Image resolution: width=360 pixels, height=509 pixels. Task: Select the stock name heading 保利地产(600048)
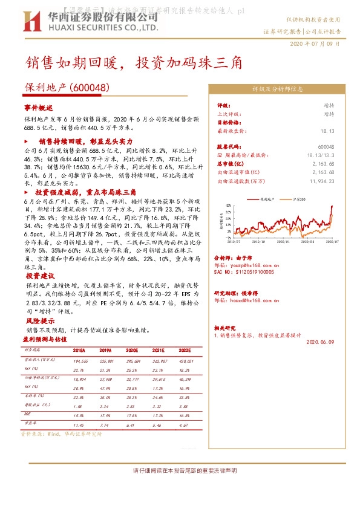pyautogui.click(x=67, y=88)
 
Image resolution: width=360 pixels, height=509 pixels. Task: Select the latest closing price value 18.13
pyautogui.click(x=327, y=130)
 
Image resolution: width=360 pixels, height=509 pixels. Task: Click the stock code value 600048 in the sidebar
pyautogui.click(x=326, y=147)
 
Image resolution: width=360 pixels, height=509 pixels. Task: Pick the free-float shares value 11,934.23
pyautogui.click(x=321, y=181)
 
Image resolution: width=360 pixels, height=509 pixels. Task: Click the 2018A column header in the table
pyautogui.click(x=79, y=350)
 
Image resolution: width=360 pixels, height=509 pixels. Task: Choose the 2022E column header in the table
pyautogui.click(x=184, y=350)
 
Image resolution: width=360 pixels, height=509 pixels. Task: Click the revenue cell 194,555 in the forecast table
pyautogui.click(x=80, y=360)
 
